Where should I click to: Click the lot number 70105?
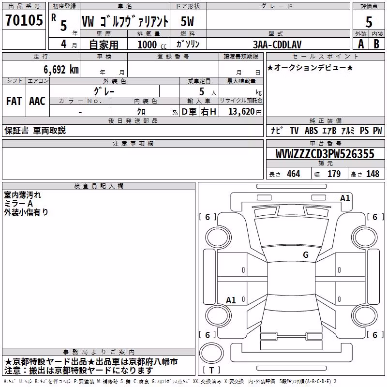click(24, 20)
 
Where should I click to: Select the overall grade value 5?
click(369, 22)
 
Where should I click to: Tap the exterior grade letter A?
click(361, 44)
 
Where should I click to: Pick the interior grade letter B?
click(376, 44)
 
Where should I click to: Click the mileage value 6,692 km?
click(61, 70)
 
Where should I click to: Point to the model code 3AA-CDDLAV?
click(277, 45)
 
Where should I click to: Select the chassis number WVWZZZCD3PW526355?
click(325, 154)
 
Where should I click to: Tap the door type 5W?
click(187, 21)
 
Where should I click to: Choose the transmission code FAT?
click(14, 101)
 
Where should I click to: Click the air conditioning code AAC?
click(37, 101)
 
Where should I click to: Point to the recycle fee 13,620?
click(241, 112)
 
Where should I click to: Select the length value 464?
click(294, 174)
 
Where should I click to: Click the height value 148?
click(372, 174)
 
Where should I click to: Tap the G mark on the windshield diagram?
click(306, 255)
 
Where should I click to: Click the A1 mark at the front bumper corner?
click(345, 198)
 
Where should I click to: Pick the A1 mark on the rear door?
click(231, 300)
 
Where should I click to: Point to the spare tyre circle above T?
click(211, 353)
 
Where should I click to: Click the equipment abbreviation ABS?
click(311, 131)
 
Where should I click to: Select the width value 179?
click(334, 174)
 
